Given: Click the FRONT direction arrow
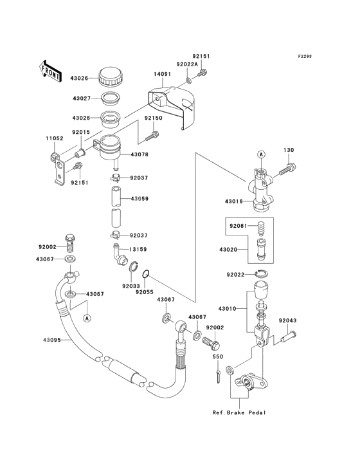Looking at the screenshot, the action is click(x=50, y=71).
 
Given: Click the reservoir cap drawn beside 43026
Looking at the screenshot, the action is click(x=111, y=77).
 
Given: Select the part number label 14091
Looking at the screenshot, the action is click(x=162, y=74).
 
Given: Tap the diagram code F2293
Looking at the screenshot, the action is click(x=305, y=56).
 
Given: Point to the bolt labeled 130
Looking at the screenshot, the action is click(x=287, y=169).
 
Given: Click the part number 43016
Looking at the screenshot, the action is click(x=234, y=201).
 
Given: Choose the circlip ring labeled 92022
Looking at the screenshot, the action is click(x=261, y=274).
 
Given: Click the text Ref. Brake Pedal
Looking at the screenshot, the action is click(x=239, y=412).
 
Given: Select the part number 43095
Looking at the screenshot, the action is click(x=51, y=340).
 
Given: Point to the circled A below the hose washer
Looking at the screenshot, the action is click(x=87, y=318).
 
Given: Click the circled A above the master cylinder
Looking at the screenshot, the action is click(x=261, y=154).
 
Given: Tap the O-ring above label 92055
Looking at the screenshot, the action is click(x=145, y=274).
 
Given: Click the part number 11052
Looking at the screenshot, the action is click(x=55, y=138).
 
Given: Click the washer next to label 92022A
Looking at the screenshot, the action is click(x=189, y=80).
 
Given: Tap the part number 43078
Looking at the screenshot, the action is click(x=139, y=154).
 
